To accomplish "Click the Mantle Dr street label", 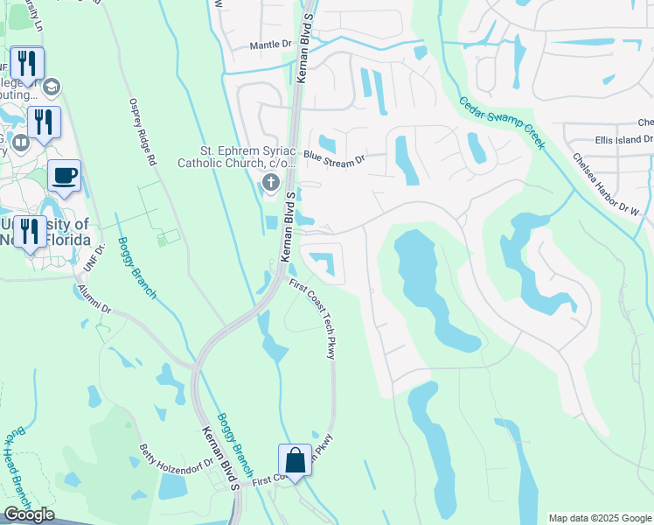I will click(270, 45).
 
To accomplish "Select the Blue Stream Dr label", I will click(334, 160).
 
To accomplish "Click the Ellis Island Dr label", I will click(623, 139).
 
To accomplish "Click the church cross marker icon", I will click(270, 182).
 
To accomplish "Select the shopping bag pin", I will click(295, 459).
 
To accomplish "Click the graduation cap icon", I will click(52, 86).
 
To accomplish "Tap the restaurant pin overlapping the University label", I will click(31, 231).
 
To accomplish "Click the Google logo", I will click(29, 514).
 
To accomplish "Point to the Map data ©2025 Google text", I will click(599, 518).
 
